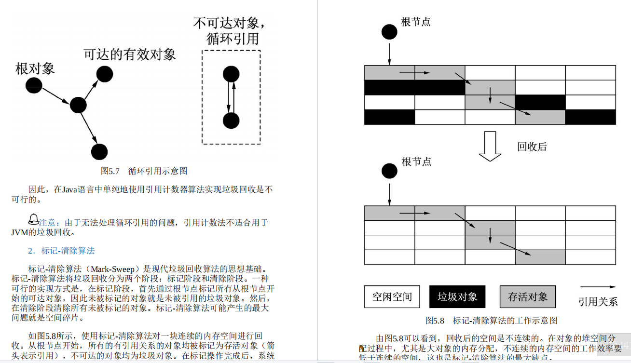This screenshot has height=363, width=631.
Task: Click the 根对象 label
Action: click(35, 68)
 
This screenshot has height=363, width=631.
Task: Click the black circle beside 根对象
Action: click(34, 85)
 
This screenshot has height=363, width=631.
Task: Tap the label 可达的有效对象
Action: click(129, 54)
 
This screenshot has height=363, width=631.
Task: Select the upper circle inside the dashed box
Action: click(232, 74)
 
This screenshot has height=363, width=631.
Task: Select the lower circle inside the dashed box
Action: click(232, 121)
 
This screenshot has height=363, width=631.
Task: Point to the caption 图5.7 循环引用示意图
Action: click(144, 171)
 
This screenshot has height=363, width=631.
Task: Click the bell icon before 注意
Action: click(33, 219)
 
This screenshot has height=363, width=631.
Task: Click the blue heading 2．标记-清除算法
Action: click(61, 251)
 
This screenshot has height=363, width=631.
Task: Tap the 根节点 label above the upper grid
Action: click(416, 22)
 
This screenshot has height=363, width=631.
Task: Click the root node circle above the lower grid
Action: click(389, 171)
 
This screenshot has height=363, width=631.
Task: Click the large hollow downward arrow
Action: click(490, 146)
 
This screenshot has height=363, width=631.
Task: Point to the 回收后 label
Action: click(532, 147)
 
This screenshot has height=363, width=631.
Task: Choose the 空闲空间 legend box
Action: click(392, 296)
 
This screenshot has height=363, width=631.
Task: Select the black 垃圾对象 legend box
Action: click(457, 296)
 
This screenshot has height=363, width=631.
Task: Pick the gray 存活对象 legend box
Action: click(527, 296)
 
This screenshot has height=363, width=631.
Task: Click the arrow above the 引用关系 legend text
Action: click(598, 287)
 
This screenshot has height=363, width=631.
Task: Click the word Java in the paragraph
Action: click(71, 189)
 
